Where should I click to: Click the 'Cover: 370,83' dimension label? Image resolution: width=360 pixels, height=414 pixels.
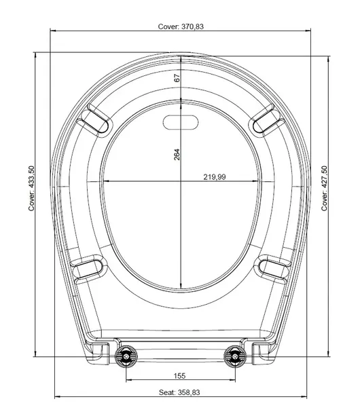click(x=181, y=26)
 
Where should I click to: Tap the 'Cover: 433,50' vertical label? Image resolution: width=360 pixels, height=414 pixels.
click(x=31, y=188)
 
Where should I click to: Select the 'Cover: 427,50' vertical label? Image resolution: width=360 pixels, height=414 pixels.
click(x=324, y=188)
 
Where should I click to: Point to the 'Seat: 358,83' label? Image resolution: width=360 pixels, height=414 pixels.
click(x=179, y=392)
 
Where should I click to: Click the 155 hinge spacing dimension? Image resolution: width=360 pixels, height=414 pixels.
click(x=179, y=375)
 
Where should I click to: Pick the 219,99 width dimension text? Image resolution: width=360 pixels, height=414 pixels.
click(x=215, y=177)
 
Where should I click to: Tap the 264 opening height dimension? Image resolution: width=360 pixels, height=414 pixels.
click(x=177, y=155)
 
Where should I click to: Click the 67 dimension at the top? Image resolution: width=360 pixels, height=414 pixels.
click(x=177, y=78)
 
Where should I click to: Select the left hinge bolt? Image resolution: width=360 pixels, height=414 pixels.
click(x=126, y=356)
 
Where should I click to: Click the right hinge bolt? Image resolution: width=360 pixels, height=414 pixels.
click(x=235, y=356)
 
